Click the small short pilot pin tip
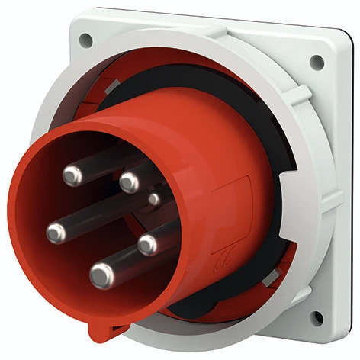click(x=155, y=200)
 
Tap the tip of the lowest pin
click(x=101, y=275)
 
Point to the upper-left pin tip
click(x=73, y=176)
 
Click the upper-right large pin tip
click(x=130, y=182)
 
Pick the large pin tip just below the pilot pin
click(x=147, y=244)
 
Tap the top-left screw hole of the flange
click(x=86, y=38)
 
